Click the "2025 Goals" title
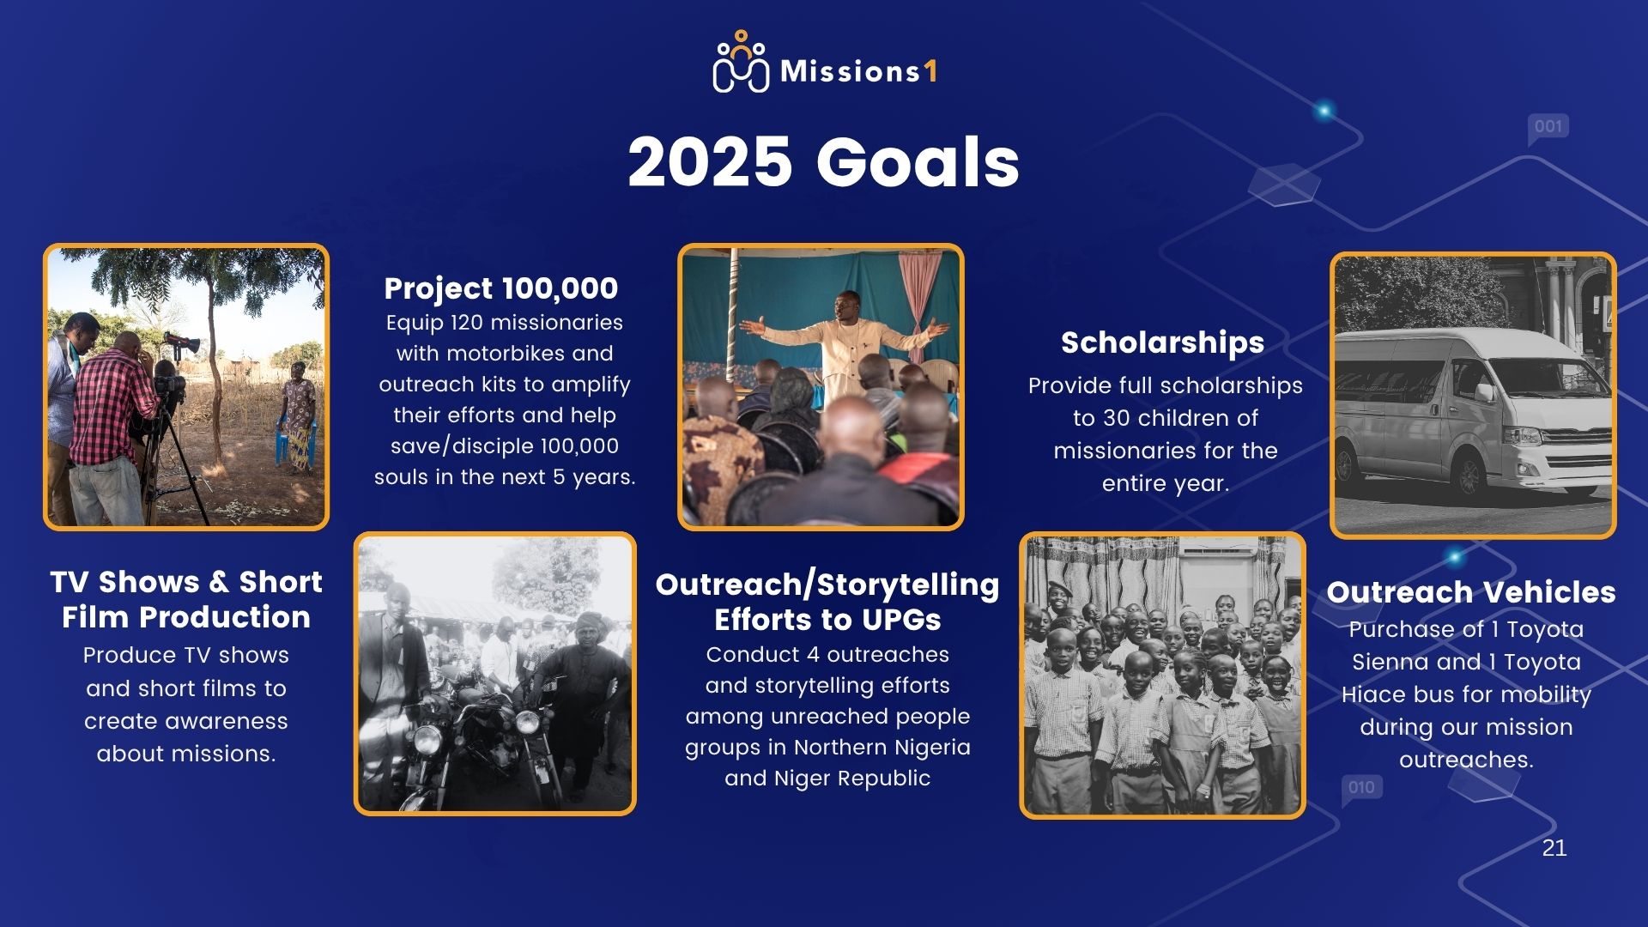[823, 162]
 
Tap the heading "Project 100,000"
[501, 288]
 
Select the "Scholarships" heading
[1162, 342]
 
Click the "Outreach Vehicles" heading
[1471, 591]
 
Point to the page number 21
[1554, 848]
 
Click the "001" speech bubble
[1548, 128]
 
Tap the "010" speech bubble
[1361, 788]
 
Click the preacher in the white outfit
[845, 343]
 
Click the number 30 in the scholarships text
[1117, 419]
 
